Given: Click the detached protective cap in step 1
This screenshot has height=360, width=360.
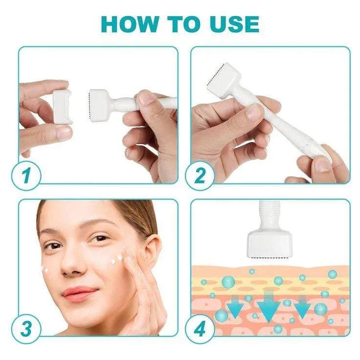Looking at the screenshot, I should (x=62, y=106).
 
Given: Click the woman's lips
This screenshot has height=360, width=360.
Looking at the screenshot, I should (x=79, y=293).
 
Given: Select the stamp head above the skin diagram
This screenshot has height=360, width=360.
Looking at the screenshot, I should (x=270, y=240).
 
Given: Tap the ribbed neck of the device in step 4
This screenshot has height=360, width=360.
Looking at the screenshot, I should (x=270, y=211).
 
